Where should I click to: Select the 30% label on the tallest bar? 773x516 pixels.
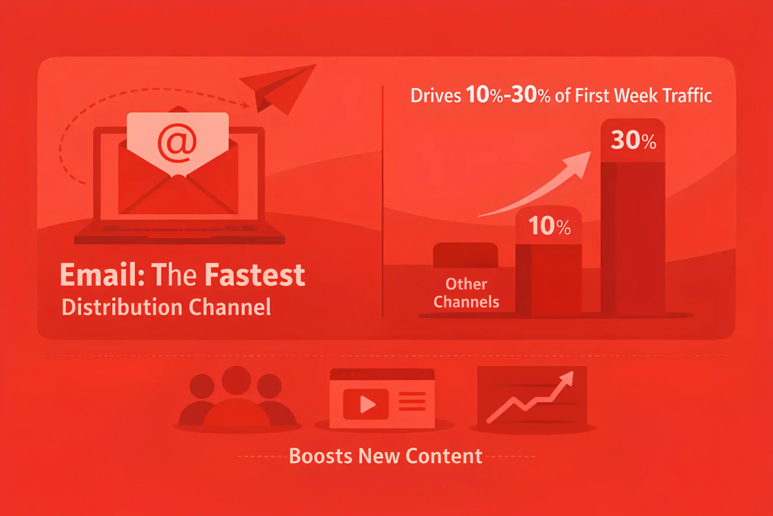tap(633, 140)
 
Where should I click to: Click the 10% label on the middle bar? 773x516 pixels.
tap(549, 226)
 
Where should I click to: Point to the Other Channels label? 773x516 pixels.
tap(466, 293)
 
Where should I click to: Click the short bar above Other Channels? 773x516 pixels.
tap(465, 255)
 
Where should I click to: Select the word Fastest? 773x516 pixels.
tap(255, 274)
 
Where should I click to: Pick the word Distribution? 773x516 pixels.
tap(122, 307)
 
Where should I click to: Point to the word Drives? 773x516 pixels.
tap(436, 96)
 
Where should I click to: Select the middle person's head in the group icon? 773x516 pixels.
tap(236, 380)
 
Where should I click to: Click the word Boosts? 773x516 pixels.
tap(320, 456)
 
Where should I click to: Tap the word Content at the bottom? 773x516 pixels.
tap(444, 456)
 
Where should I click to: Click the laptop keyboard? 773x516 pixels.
tap(179, 228)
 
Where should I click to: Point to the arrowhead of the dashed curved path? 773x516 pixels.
tap(245, 105)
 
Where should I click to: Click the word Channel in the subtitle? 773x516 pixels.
tap(230, 307)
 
